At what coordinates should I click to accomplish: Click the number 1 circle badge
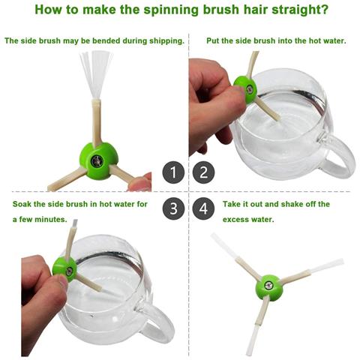click(173, 172)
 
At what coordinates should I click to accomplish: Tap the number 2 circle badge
click(204, 172)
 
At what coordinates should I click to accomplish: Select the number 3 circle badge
click(173, 208)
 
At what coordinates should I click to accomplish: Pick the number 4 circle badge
click(204, 208)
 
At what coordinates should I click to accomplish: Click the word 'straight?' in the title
click(299, 10)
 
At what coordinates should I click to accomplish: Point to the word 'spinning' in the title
click(172, 10)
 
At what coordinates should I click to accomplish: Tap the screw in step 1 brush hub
click(96, 160)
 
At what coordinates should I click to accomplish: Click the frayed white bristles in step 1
click(96, 74)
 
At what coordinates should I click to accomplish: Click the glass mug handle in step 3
click(157, 322)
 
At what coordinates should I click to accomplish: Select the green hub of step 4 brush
click(269, 288)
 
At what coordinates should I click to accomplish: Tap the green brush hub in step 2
click(244, 89)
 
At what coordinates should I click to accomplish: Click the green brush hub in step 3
click(64, 269)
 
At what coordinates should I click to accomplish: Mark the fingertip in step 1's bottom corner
click(140, 183)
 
